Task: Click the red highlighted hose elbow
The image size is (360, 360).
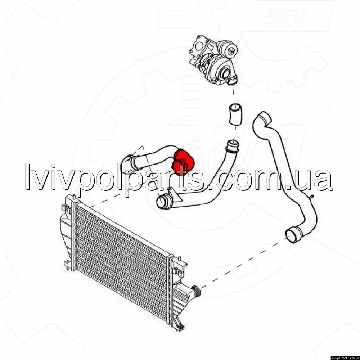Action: (183, 162)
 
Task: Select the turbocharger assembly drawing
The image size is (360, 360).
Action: (213, 60)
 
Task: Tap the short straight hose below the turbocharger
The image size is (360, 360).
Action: (235, 114)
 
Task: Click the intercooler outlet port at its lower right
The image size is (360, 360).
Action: (196, 291)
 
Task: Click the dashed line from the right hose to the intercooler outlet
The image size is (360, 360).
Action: (243, 262)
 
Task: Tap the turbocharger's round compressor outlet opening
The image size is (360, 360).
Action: (225, 73)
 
